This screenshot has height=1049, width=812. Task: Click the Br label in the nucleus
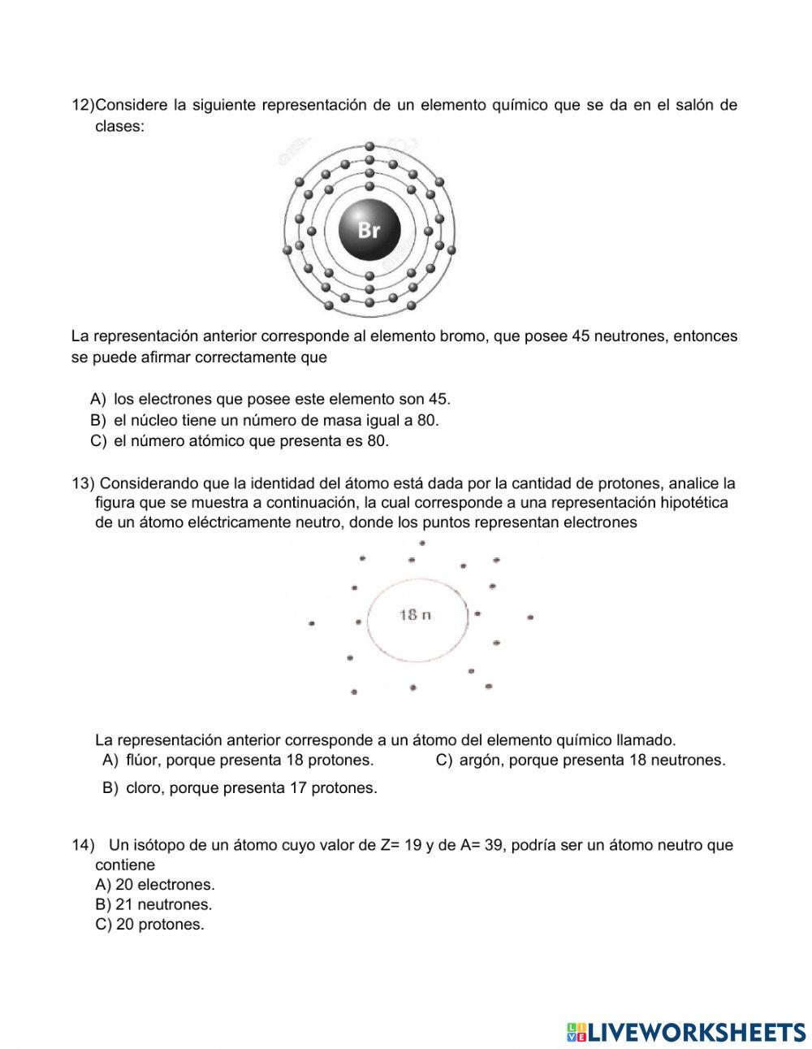click(369, 230)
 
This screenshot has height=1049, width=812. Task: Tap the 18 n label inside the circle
click(415, 615)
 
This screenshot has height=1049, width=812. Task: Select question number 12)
click(83, 106)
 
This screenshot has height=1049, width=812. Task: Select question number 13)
click(83, 483)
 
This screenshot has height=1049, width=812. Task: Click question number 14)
click(83, 845)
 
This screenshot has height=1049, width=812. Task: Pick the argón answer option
click(581, 761)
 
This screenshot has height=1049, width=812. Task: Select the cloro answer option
click(240, 788)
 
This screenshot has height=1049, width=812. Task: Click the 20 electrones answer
click(155, 885)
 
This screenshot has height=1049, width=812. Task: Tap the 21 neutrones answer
click(153, 904)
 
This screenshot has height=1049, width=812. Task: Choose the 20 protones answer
click(150, 925)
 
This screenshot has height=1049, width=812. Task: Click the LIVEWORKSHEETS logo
click(686, 1032)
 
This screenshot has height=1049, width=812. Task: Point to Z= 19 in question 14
click(400, 845)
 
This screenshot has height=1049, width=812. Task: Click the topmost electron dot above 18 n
click(422, 543)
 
